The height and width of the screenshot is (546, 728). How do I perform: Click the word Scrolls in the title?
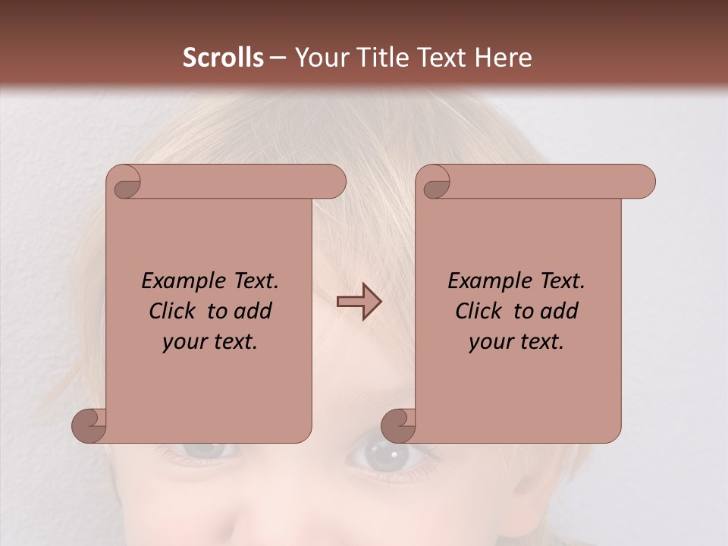coord(223,58)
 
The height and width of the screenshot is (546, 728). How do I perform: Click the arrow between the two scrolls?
coord(359,302)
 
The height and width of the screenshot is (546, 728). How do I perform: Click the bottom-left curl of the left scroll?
coord(89,425)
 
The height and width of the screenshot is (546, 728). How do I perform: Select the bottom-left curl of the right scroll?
coord(399,425)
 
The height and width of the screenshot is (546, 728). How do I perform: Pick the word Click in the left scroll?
coord(166,311)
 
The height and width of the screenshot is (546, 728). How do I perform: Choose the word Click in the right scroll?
coord(472,311)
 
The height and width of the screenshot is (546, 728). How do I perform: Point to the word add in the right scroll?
coord(560,311)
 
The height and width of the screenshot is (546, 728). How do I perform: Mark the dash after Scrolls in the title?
coord(278,58)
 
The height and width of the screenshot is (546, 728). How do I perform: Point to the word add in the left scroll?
coord(254,311)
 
